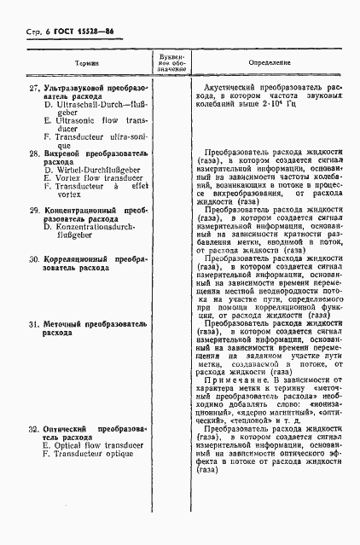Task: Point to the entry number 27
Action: (34, 88)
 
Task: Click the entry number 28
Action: (34, 153)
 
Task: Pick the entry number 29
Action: (34, 210)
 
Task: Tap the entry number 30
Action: (34, 258)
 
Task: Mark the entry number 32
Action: (34, 429)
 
